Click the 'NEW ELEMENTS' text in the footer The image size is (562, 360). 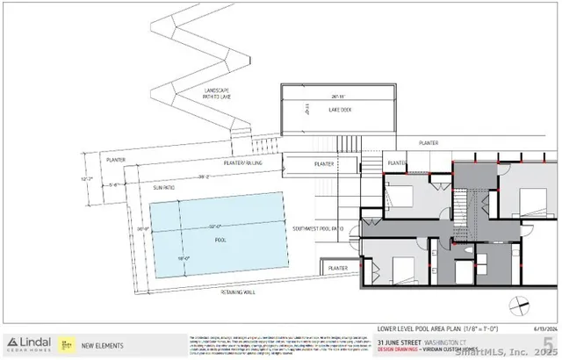coord(100,344)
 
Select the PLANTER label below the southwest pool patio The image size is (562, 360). coord(338,267)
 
